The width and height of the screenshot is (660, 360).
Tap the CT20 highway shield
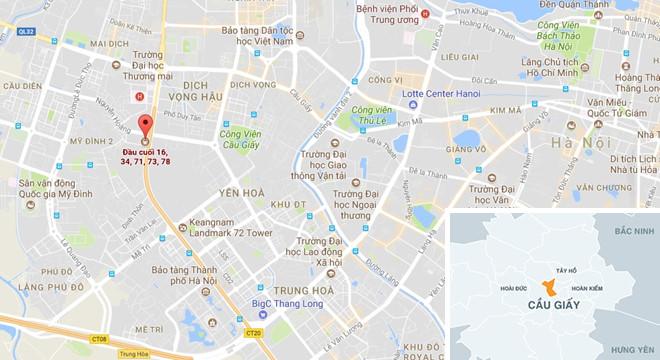(252, 331)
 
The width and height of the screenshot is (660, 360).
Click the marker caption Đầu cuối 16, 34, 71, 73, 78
(145, 156)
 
